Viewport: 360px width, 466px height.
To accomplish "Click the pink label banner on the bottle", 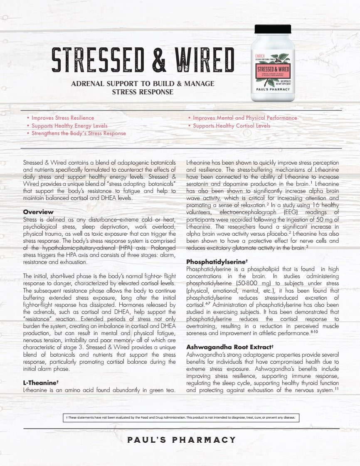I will pyautogui.click(x=273, y=68).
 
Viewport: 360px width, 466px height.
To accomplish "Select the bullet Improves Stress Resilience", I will pyautogui.click(x=63, y=118).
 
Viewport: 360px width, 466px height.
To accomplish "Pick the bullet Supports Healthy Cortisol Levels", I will pyautogui.click(x=232, y=126).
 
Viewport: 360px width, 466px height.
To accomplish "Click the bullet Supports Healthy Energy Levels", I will pyautogui.click(x=69, y=126).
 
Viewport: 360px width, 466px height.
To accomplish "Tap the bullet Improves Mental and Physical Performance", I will pyautogui.click(x=245, y=118).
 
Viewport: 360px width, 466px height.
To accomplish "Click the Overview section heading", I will pyautogui.click(x=38, y=212).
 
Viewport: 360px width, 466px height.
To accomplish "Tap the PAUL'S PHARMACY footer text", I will pyautogui.click(x=182, y=440).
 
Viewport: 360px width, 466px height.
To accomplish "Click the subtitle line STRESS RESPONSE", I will pyautogui.click(x=143, y=92).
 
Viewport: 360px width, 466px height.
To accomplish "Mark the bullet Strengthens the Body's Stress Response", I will pyautogui.click(x=79, y=133).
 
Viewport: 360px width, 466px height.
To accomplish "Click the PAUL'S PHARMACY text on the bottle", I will pyautogui.click(x=273, y=89).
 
